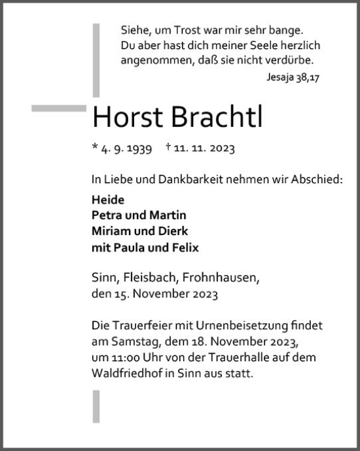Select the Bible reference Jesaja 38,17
pos(294,77)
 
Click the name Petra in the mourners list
pos(107,216)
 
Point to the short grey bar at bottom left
pos(96,406)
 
